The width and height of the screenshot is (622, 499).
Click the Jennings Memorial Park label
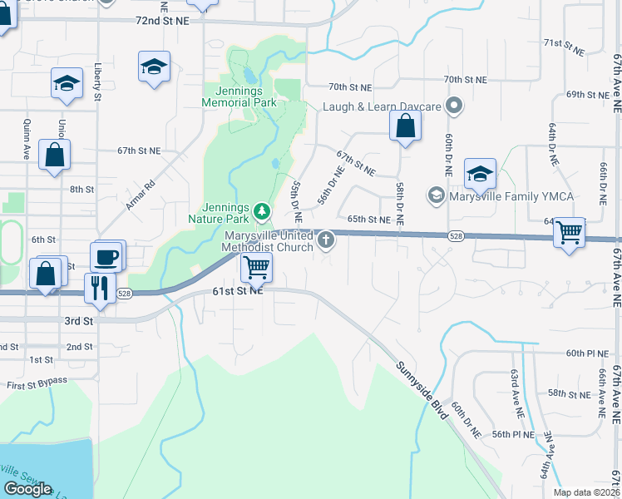point(239,96)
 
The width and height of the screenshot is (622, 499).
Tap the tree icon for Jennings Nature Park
point(262,211)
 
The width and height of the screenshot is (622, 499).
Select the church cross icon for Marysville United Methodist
point(325,241)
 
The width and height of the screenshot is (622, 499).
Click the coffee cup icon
point(106,257)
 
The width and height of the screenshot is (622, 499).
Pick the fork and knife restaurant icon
point(99,288)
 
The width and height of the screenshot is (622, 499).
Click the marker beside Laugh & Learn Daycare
point(454,106)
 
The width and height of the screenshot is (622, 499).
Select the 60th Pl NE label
point(588,353)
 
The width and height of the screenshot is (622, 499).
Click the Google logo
point(28,489)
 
